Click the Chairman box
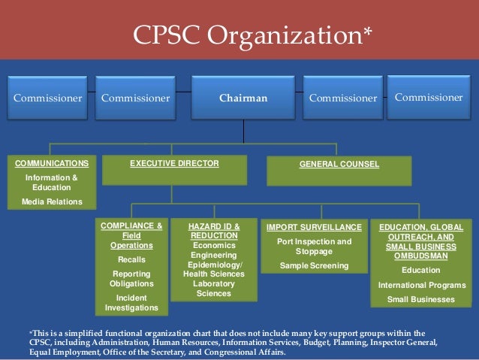point(243,98)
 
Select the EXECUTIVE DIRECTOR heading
point(174,163)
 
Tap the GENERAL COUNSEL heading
point(339,164)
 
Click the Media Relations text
point(52,201)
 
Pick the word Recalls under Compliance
point(131,259)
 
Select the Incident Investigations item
point(131,302)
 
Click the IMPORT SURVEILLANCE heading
point(314,227)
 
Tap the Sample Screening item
point(314,265)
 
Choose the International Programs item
point(421,285)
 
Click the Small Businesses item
point(421,299)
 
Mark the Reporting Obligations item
point(131,278)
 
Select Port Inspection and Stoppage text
point(314,247)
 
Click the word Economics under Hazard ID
point(215,245)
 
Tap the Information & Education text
point(52,183)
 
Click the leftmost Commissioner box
point(47,98)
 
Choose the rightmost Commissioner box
point(429,97)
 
